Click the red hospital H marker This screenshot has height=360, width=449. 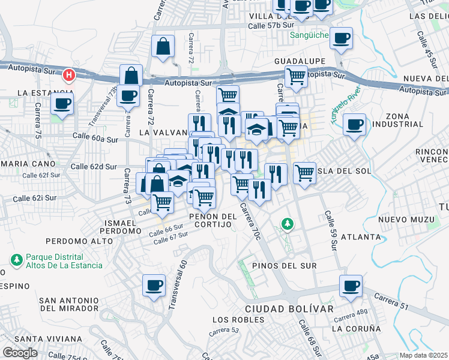point(69,75)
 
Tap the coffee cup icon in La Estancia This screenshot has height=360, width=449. point(62,104)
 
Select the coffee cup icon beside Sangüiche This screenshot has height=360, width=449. point(342,38)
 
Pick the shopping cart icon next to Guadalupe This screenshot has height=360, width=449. point(296,77)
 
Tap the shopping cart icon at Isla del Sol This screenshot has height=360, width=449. point(305,173)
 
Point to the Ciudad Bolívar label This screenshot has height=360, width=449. point(289,308)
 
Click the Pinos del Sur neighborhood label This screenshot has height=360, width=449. point(284,265)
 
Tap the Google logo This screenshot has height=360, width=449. point(20,353)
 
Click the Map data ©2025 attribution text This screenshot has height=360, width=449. point(424,355)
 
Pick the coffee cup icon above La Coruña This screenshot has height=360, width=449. point(351,286)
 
